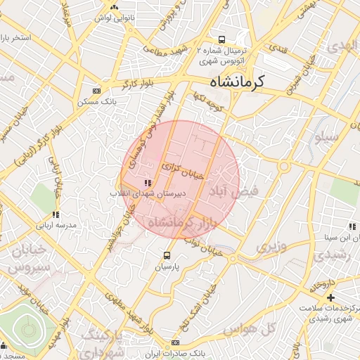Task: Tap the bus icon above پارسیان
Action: pyautogui.click(x=167, y=255)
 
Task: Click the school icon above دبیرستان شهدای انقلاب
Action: pyautogui.click(x=146, y=183)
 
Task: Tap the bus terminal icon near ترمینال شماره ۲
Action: pyautogui.click(x=222, y=40)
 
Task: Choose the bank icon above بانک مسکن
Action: pyautogui.click(x=96, y=91)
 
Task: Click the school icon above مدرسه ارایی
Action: pyautogui.click(x=55, y=214)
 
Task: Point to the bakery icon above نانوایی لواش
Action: pyautogui.click(x=112, y=6)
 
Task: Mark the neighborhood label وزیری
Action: pyautogui.click(x=270, y=247)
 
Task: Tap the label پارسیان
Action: pyautogui.click(x=167, y=268)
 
